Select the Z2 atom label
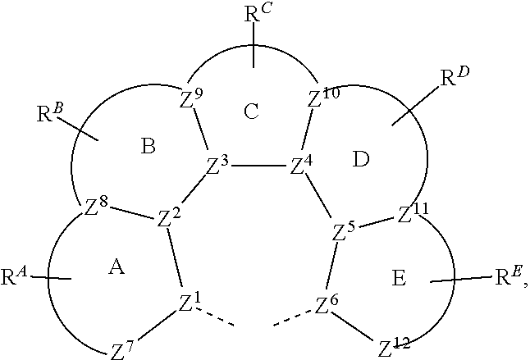[169, 218]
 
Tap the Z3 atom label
[217, 165]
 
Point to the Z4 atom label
[301, 165]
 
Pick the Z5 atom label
[344, 232]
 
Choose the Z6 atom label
[327, 304]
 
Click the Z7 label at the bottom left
[122, 350]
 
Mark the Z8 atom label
[96, 206]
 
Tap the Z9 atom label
[191, 98]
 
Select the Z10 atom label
[323, 98]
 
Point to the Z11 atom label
[413, 212]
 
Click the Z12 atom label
[394, 348]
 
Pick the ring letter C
[251, 112]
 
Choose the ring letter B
[148, 147]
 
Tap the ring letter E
[399, 278]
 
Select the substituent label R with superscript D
[455, 77]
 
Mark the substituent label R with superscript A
[13, 276]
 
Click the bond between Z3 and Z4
[259, 166]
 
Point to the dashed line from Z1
[215, 317]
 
